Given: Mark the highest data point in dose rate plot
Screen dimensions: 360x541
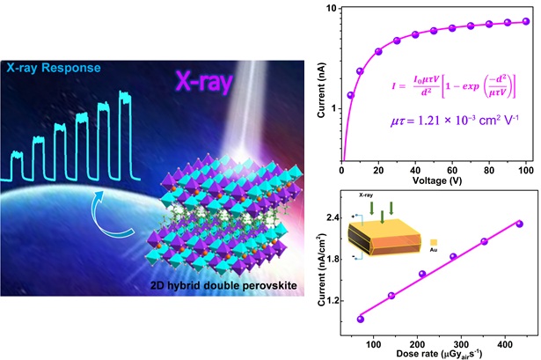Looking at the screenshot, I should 519,224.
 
